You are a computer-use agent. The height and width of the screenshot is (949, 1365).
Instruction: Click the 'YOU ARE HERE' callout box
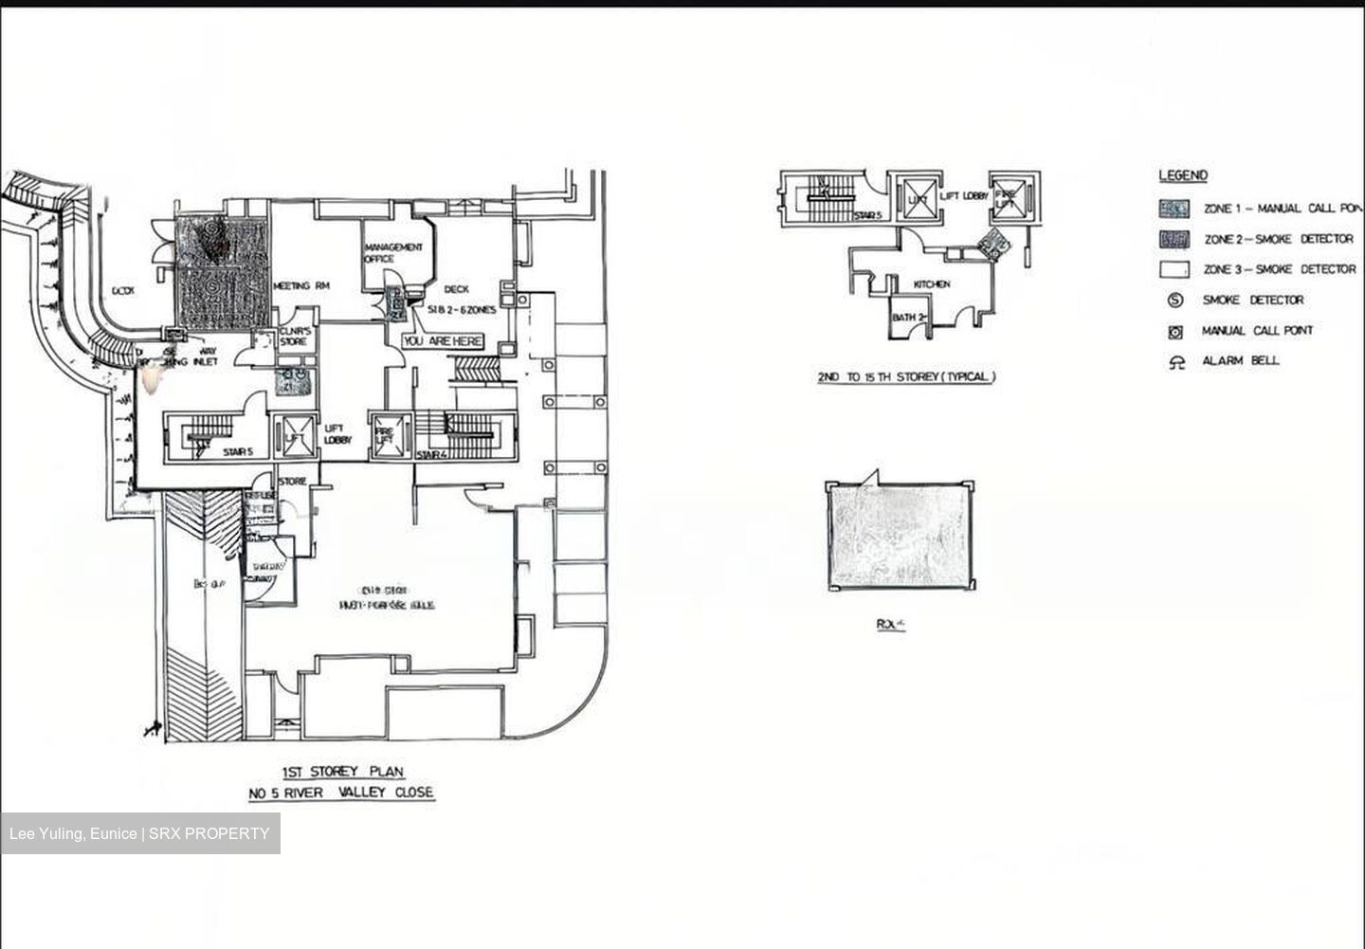click(x=443, y=341)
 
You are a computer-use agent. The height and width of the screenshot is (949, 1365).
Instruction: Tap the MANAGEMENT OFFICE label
click(x=393, y=252)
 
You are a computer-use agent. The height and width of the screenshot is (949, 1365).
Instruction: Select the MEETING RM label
click(x=300, y=285)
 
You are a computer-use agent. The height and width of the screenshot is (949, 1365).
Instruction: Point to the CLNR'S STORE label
click(x=294, y=337)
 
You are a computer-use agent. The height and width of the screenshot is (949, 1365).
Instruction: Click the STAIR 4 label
click(x=430, y=456)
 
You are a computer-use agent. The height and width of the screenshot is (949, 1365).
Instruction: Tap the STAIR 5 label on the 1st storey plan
click(x=237, y=452)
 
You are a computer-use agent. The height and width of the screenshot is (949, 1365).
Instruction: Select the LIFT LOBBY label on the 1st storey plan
click(x=338, y=434)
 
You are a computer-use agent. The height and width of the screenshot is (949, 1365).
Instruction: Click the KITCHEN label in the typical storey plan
click(x=931, y=284)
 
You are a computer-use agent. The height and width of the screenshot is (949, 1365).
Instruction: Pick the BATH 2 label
click(x=907, y=317)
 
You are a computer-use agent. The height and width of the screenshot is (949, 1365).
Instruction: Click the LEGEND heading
click(x=1183, y=175)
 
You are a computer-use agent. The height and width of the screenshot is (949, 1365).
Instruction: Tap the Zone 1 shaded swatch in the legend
click(x=1174, y=209)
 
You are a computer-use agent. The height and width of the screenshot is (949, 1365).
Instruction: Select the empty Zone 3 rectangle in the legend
click(x=1174, y=269)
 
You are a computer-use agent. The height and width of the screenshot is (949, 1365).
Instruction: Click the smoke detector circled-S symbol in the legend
click(x=1175, y=301)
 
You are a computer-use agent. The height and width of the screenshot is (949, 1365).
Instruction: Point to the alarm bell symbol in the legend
click(x=1176, y=361)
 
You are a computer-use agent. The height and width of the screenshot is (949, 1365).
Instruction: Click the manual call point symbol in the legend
click(x=1175, y=332)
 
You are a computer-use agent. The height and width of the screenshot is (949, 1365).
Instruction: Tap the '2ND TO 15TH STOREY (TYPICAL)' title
click(x=906, y=377)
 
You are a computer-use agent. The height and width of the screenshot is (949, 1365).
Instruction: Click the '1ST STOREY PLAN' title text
click(x=342, y=772)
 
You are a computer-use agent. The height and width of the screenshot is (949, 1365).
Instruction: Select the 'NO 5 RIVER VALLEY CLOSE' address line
click(x=341, y=793)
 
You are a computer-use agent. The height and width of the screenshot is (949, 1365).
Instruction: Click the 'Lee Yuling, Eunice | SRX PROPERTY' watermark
click(x=139, y=834)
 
